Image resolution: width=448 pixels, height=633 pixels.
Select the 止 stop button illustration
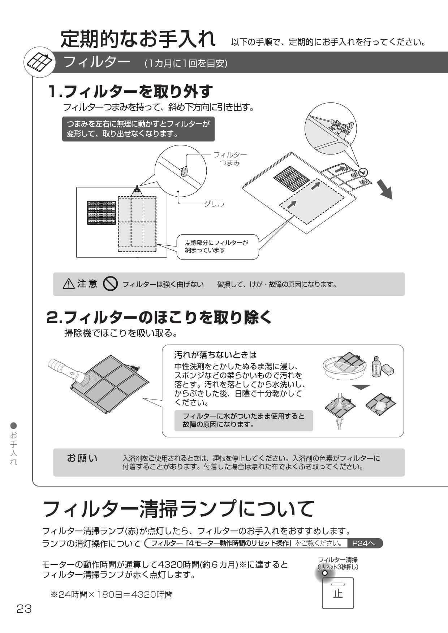tap(338, 593)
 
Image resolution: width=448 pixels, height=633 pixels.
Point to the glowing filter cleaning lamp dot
tap(324, 573)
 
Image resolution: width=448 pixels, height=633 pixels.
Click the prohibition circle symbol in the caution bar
tap(110, 284)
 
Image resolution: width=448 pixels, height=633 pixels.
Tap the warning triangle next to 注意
tap(69, 284)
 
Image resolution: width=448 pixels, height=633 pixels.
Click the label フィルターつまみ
tap(230, 159)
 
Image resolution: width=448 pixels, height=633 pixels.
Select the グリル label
tap(214, 204)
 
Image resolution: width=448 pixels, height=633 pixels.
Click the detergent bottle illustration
tap(376, 367)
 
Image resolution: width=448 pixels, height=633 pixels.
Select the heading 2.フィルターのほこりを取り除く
tap(159, 317)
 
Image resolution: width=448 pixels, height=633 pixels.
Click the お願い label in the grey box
tap(82, 458)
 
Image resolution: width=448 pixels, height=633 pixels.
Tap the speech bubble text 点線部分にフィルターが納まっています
tap(217, 246)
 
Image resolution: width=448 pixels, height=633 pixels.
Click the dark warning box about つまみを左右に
tap(138, 129)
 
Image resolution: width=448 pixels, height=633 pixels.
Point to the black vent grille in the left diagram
tap(102, 213)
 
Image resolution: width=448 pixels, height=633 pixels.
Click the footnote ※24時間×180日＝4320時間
tap(112, 594)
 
